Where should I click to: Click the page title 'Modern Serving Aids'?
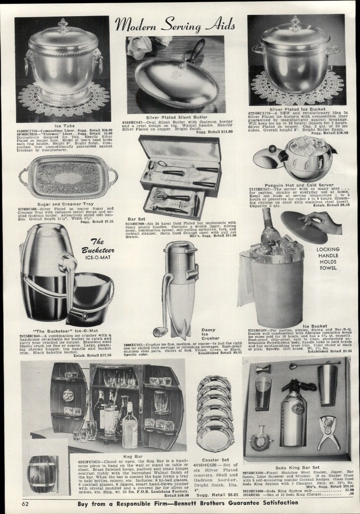coord(178,24)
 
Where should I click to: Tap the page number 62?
coord(25,504)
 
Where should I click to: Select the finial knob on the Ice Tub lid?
coord(63,26)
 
